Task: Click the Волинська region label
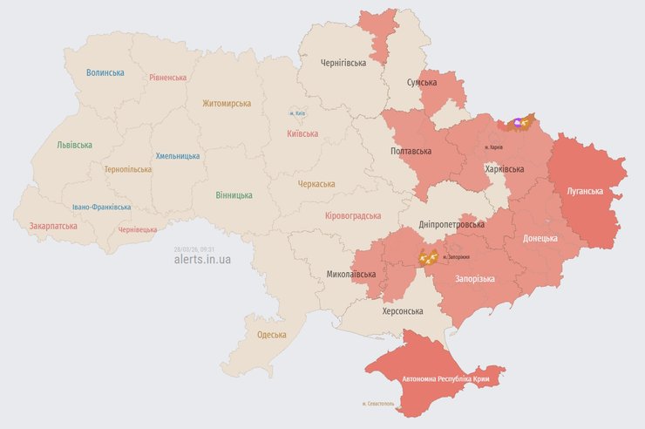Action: (x=105, y=73)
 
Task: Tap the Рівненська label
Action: (x=167, y=78)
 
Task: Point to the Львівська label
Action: (x=75, y=145)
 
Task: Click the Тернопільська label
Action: (x=127, y=169)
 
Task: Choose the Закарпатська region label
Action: (x=53, y=226)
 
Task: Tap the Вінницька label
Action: (x=234, y=194)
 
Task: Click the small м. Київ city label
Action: (x=297, y=114)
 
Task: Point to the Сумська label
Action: (x=422, y=82)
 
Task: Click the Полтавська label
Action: (x=411, y=151)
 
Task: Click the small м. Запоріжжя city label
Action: (x=456, y=257)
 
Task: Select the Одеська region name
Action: (x=272, y=335)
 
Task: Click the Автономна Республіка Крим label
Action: (x=445, y=380)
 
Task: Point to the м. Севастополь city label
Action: (x=378, y=404)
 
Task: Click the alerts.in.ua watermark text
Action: (x=202, y=259)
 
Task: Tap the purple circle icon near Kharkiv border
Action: (x=518, y=123)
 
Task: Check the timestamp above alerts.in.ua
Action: (x=193, y=248)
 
